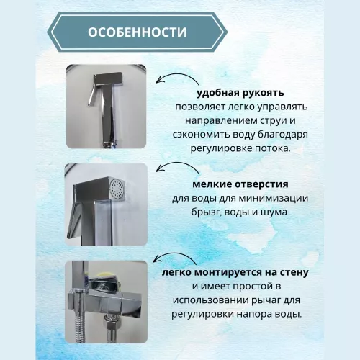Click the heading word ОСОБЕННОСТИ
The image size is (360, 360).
[136, 33]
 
